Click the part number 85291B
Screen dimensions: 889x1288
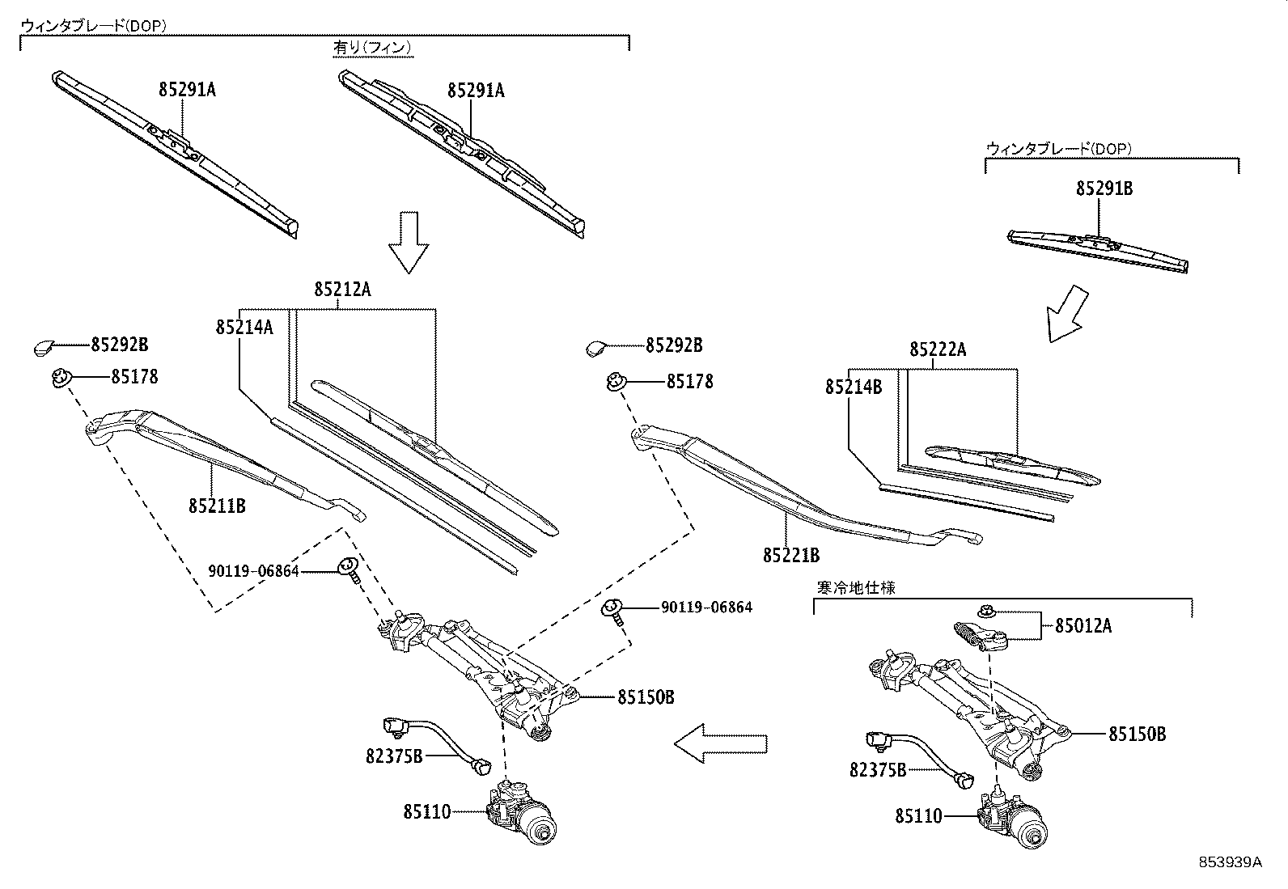[x=1104, y=188]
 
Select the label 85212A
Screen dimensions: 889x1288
[x=342, y=289]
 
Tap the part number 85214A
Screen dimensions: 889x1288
[x=244, y=327]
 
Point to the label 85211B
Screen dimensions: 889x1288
[x=217, y=506]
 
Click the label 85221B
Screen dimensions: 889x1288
[x=790, y=556]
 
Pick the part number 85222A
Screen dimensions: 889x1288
[x=938, y=349]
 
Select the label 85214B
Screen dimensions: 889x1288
[x=854, y=387]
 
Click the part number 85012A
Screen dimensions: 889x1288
[x=1083, y=625]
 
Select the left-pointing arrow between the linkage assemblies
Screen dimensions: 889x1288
[x=720, y=743]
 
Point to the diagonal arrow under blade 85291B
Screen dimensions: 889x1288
[x=1067, y=312]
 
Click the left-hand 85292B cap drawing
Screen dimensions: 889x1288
[x=43, y=348]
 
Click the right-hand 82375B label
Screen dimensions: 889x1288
[x=878, y=770]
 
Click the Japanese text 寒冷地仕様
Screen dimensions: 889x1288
[x=855, y=588]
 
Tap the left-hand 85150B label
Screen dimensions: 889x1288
[x=646, y=696]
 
